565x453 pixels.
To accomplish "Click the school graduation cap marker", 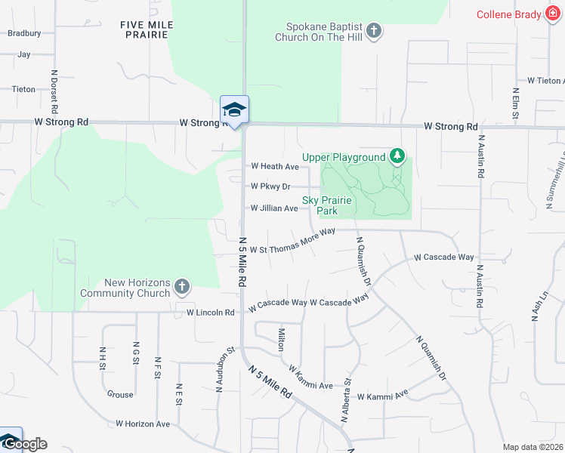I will click(x=234, y=110).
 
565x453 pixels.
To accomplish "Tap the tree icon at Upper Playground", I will click(x=398, y=157).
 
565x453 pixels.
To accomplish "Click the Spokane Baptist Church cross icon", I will click(x=373, y=31).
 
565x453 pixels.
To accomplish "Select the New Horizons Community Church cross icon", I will click(x=181, y=287).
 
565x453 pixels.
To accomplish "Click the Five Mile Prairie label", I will click(x=147, y=30).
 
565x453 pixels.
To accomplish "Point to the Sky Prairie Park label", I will click(x=330, y=205).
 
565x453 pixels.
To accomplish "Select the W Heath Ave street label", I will click(x=275, y=166).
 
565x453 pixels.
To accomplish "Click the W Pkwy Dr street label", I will click(x=270, y=186).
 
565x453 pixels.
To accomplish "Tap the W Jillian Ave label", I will click(x=274, y=208).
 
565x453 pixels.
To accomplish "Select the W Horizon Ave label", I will click(x=143, y=424).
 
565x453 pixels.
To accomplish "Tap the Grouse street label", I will click(x=120, y=394).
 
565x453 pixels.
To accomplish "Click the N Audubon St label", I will click(x=220, y=368).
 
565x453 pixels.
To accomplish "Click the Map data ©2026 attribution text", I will click(x=532, y=447).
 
